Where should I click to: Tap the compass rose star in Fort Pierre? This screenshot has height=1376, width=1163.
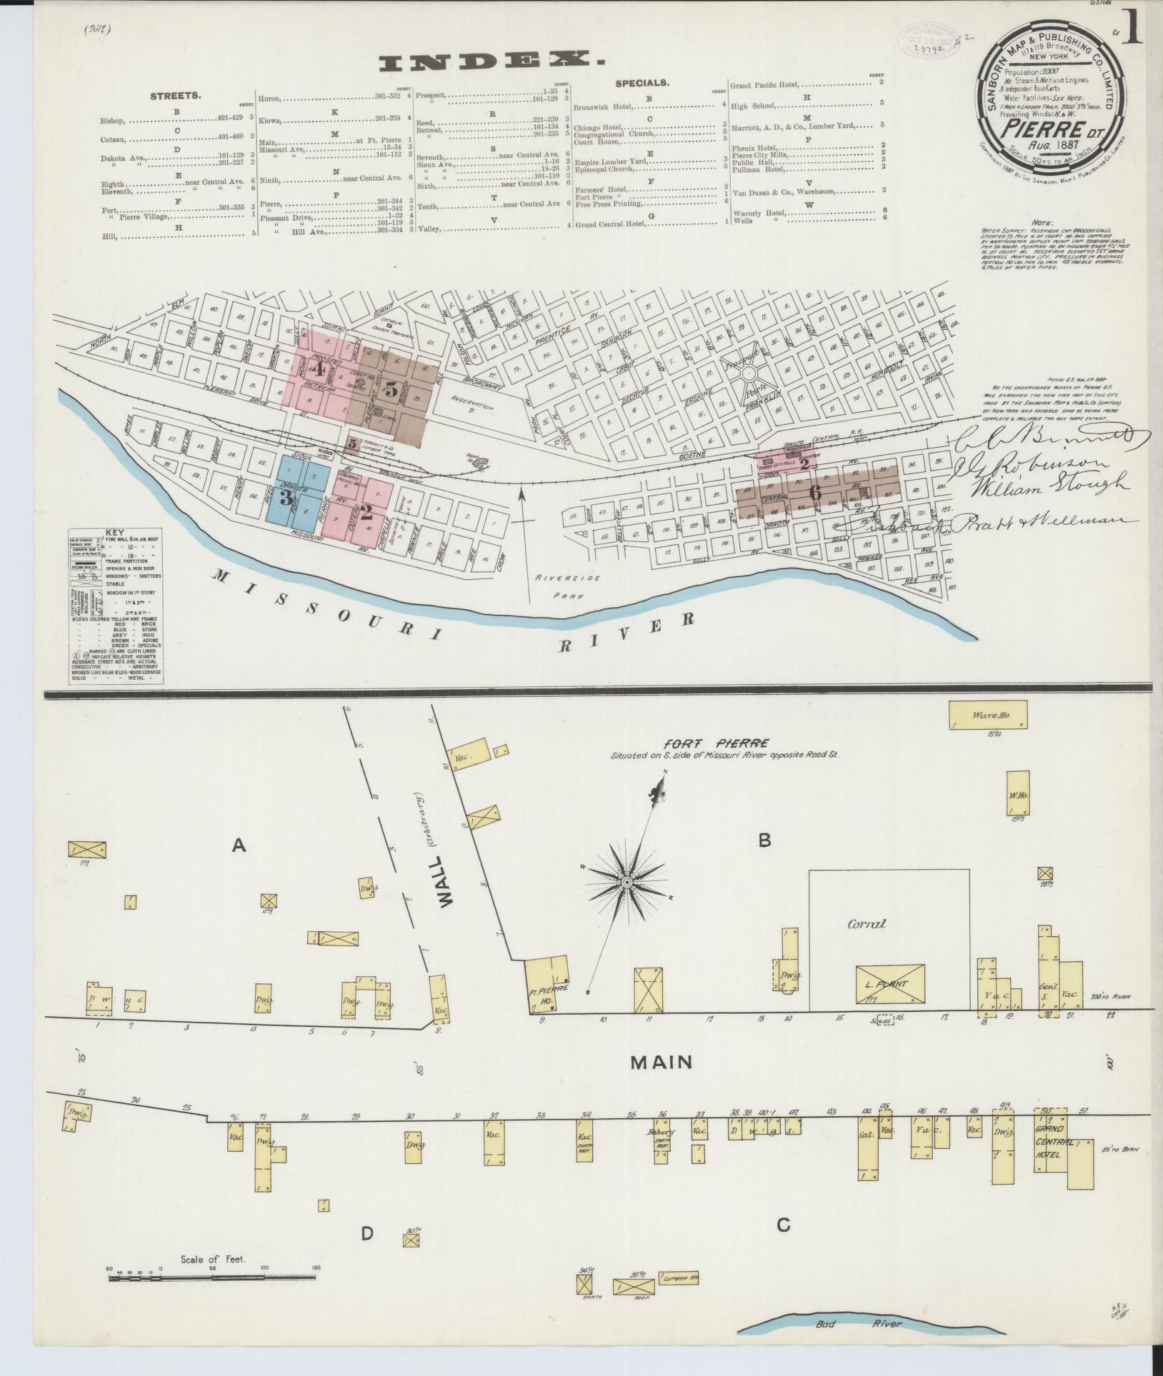click(x=627, y=883)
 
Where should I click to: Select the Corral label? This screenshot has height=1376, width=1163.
click(x=866, y=923)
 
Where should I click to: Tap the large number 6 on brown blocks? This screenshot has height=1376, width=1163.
click(x=815, y=492)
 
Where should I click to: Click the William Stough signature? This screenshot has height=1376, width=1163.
click(x=1039, y=485)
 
